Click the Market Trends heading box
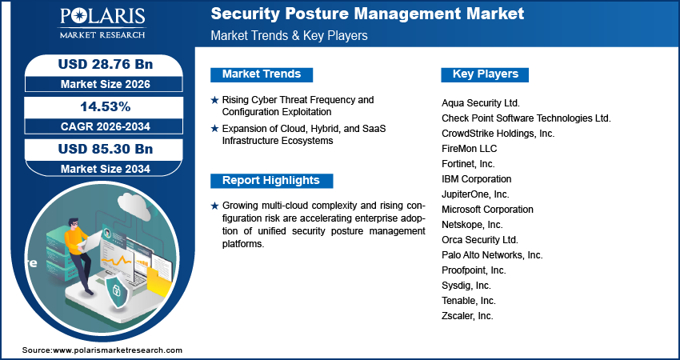[x=262, y=74]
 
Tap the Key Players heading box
[x=485, y=74]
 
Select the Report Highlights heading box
[x=270, y=180]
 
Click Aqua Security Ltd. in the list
[x=481, y=103]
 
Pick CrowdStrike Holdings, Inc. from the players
[x=498, y=134]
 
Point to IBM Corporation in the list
[x=476, y=179]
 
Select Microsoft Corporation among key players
[x=487, y=210]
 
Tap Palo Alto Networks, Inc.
[x=492, y=255]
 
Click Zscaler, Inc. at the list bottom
[x=467, y=316]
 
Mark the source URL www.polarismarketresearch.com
[x=118, y=350]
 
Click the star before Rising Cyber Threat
[x=214, y=100]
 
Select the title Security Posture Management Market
[x=367, y=14]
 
